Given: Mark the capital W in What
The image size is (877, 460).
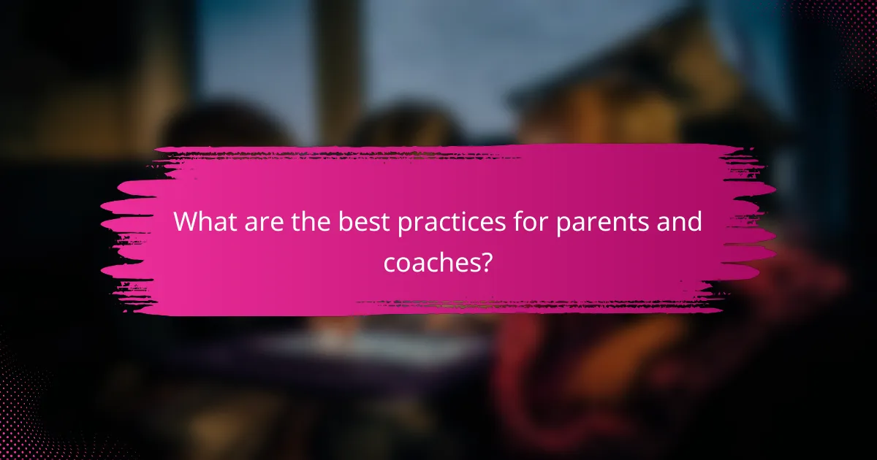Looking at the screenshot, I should (185, 222).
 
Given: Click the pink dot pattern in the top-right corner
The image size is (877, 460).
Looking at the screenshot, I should (840, 29).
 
